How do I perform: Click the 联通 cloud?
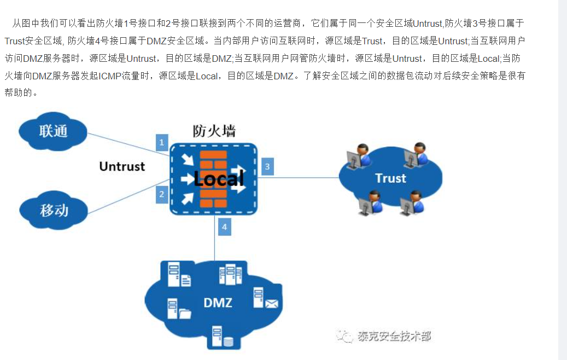(x=53, y=131)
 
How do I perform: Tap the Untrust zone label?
(x=122, y=166)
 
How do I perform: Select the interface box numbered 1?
(x=161, y=143)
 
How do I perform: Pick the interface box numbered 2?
(x=161, y=194)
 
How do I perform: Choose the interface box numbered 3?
(x=267, y=167)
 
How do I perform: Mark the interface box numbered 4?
(x=224, y=227)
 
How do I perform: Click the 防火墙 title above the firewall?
(x=214, y=131)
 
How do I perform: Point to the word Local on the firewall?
(x=218, y=178)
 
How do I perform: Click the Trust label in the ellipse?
(x=390, y=178)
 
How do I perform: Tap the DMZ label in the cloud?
(x=218, y=303)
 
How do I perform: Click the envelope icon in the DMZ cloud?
(x=272, y=303)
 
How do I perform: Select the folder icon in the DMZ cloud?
(x=185, y=313)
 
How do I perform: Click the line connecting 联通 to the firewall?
(x=126, y=143)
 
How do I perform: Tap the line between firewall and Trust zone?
(x=306, y=178)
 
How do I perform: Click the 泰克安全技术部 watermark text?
(x=394, y=336)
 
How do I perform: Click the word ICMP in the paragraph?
(x=111, y=76)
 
